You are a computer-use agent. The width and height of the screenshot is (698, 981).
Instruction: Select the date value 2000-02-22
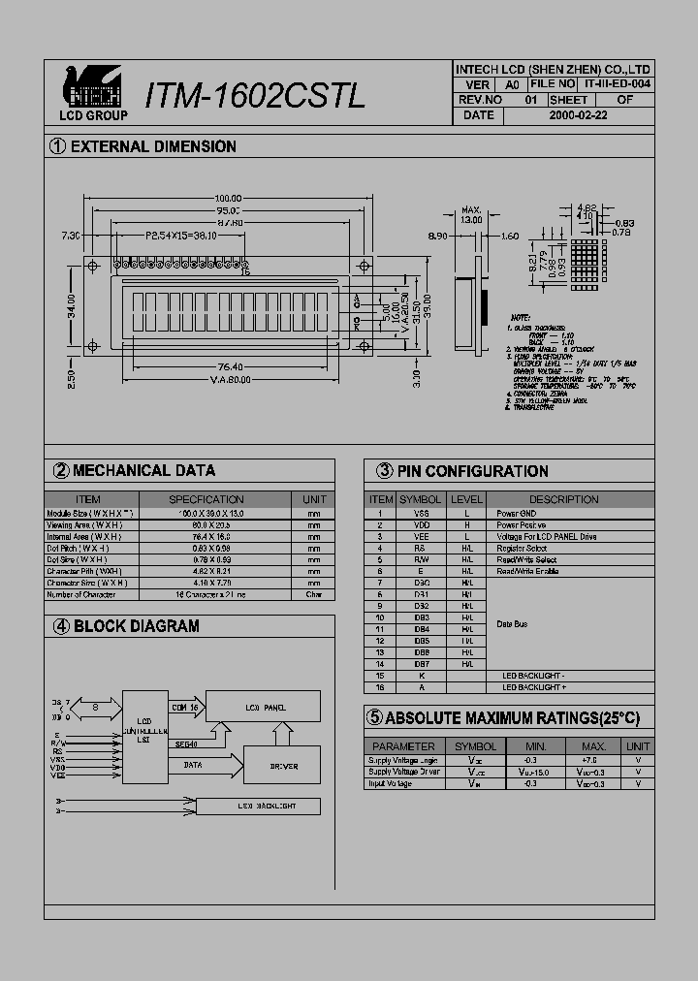click(x=579, y=114)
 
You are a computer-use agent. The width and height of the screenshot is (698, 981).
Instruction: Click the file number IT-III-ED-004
click(x=618, y=84)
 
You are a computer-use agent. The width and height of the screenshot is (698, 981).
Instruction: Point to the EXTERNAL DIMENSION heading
click(x=153, y=146)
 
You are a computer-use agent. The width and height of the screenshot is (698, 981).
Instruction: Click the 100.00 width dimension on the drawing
click(x=228, y=199)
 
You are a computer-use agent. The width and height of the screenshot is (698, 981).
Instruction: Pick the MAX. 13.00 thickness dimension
click(x=471, y=215)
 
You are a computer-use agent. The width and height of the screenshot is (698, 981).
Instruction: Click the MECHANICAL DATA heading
click(x=143, y=470)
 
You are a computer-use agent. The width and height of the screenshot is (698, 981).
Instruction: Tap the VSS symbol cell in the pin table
click(x=421, y=513)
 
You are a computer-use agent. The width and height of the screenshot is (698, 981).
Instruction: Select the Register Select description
click(x=522, y=549)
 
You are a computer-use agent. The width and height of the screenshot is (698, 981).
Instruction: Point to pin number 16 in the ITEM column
click(x=380, y=686)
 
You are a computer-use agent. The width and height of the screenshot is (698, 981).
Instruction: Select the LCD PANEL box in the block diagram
click(x=262, y=708)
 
